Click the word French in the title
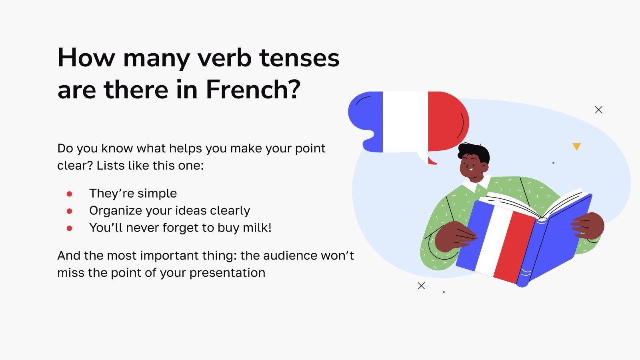(248, 90)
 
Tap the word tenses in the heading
(299, 58)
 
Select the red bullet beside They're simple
(69, 194)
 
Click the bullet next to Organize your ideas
(69, 211)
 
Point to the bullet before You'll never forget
(69, 228)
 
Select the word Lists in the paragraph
(110, 166)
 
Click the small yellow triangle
(576, 146)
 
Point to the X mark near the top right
(598, 110)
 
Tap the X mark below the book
(421, 286)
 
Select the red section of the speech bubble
(446, 120)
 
